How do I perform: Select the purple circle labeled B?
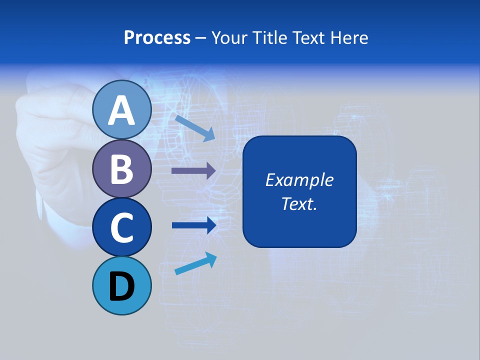[121, 168]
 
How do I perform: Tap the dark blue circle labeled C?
[121, 227]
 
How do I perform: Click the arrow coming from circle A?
[195, 127]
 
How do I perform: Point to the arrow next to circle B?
[193, 171]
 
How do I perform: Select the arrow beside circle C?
[194, 225]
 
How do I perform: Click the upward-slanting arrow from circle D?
[195, 263]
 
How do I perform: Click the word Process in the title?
[157, 37]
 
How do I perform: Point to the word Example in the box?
[299, 180]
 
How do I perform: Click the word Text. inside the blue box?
[299, 204]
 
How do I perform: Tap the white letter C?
[121, 228]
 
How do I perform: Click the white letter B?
[121, 169]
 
